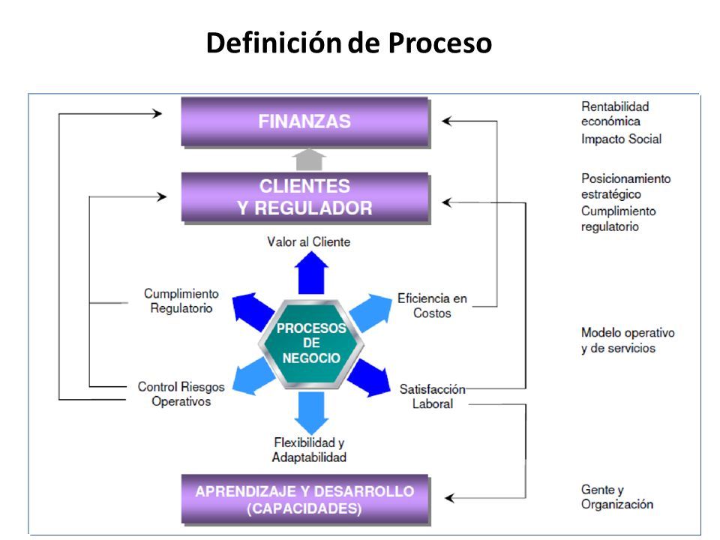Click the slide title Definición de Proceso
point(349,43)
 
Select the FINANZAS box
point(305,122)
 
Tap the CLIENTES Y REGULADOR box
point(305,197)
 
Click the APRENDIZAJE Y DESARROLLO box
point(305,499)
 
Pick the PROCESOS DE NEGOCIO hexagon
point(311,343)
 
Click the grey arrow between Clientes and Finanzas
point(308,160)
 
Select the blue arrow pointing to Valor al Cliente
point(311,273)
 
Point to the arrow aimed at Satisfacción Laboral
point(369,377)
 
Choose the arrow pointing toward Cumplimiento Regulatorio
point(253,311)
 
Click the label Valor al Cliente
point(308,242)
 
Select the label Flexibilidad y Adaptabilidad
point(308,450)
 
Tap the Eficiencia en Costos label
point(432,306)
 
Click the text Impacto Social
point(621,139)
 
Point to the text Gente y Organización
point(616,496)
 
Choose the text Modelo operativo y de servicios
point(628,340)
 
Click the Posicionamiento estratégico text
point(625,186)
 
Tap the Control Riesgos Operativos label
point(181,394)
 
